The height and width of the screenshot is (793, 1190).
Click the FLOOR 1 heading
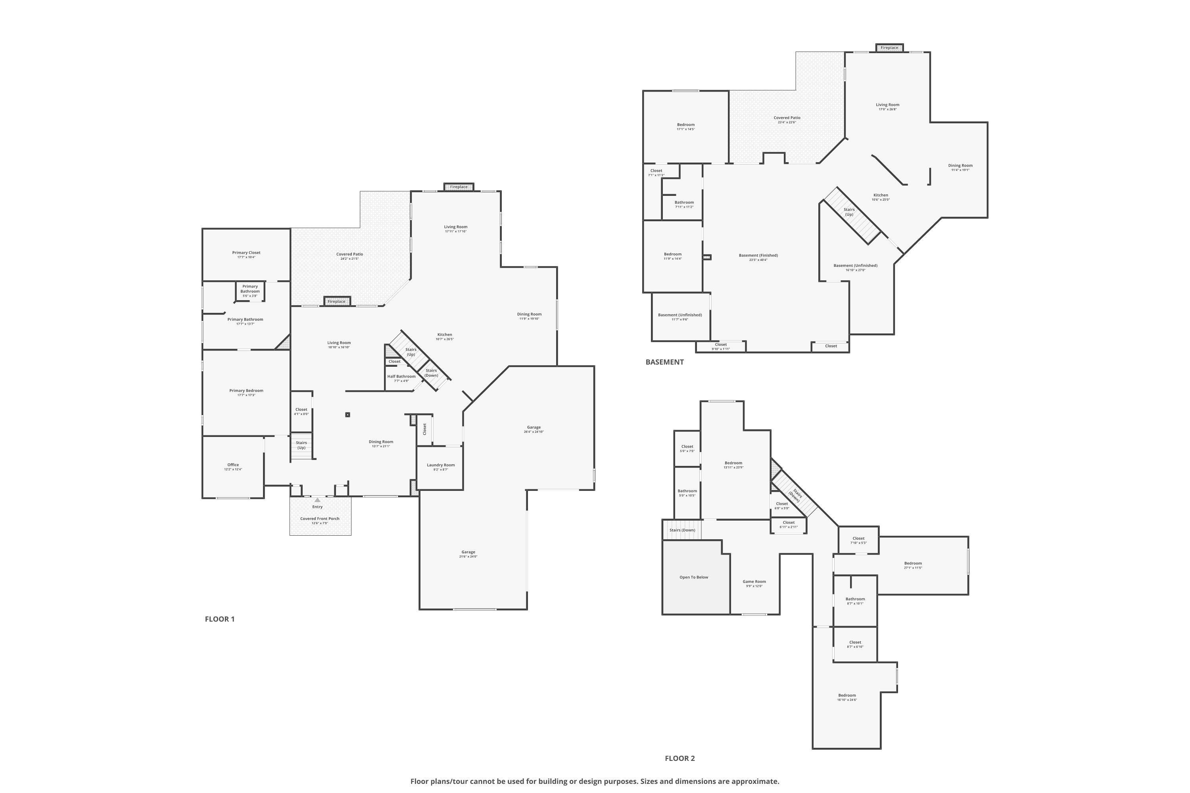[x=220, y=619]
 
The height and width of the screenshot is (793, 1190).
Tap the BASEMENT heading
[x=664, y=362]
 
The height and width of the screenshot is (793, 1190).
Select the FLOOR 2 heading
[x=679, y=758]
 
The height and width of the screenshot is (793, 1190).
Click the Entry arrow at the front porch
[x=317, y=500]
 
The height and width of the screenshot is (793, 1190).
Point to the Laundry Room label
[x=440, y=465]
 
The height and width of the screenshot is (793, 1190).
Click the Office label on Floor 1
[x=233, y=465]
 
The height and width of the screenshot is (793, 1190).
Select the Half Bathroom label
[x=401, y=376]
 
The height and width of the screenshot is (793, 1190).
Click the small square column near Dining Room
[x=347, y=415]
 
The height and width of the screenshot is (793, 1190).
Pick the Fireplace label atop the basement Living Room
[x=889, y=48]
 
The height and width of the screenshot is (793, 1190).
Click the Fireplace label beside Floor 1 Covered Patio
[x=336, y=301]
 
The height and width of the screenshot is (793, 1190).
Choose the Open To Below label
[x=694, y=577]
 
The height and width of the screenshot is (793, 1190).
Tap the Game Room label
[x=754, y=582]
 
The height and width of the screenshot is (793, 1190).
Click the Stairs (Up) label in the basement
[x=849, y=212]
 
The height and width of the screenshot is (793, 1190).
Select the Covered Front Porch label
[x=320, y=518]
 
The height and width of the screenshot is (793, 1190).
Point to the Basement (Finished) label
[x=758, y=255]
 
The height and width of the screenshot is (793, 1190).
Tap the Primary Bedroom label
[x=246, y=391]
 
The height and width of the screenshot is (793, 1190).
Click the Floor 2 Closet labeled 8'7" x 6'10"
[x=855, y=642]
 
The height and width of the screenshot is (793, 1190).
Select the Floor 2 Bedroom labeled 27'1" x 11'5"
[x=913, y=563]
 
